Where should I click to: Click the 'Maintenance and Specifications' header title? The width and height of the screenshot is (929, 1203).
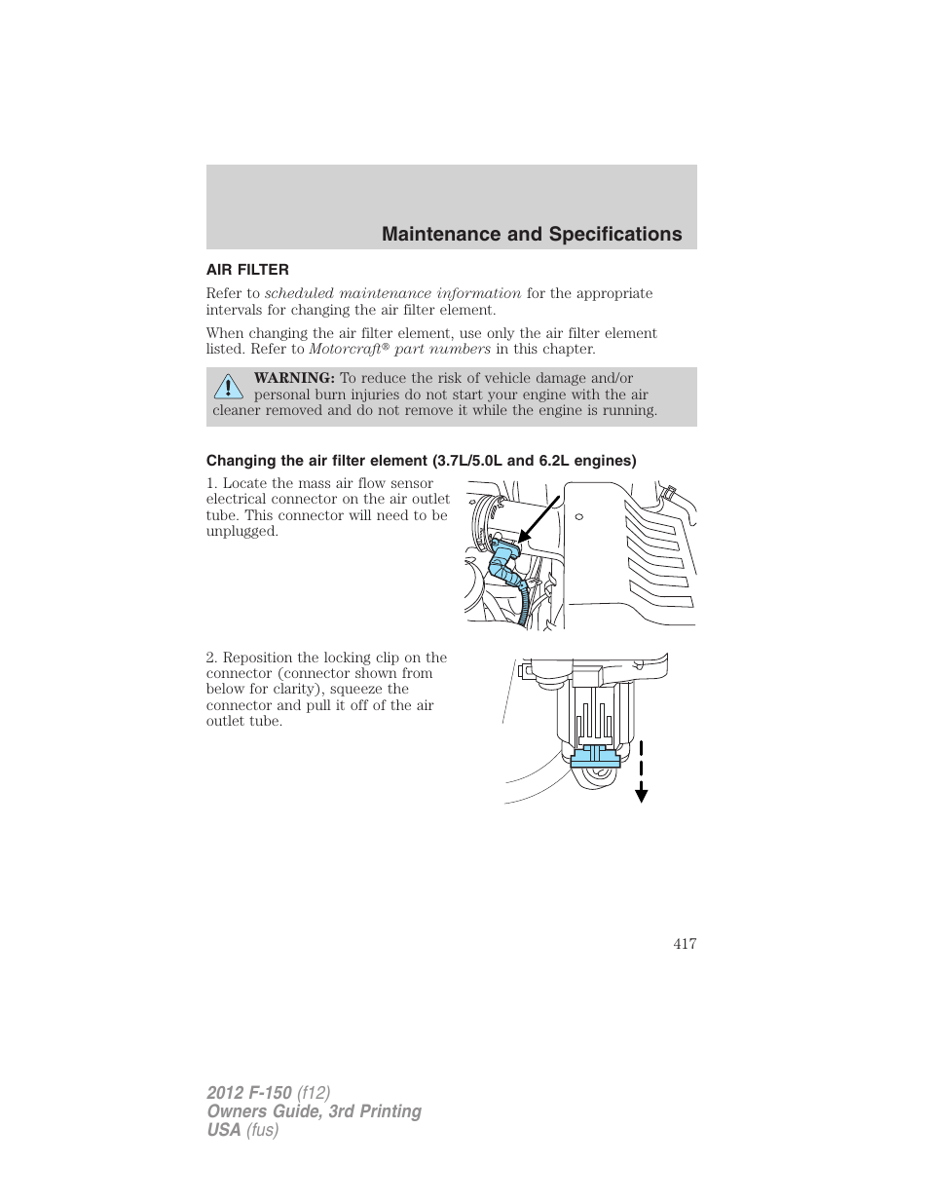pos(532,234)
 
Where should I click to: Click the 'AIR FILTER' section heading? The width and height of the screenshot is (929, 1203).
pos(247,270)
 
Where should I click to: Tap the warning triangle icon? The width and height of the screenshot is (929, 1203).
pos(228,387)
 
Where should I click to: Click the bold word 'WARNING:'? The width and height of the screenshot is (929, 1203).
pos(294,378)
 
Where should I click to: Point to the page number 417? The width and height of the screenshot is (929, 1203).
pos(685,943)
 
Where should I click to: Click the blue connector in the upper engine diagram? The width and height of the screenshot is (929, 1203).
pos(504,563)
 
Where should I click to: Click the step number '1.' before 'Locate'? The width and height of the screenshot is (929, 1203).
pos(211,483)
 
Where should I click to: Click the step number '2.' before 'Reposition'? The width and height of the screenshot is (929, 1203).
pos(211,658)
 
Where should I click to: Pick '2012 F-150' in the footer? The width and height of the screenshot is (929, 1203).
pos(248,1093)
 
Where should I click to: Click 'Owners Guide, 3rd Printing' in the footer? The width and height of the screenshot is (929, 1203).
pos(314,1111)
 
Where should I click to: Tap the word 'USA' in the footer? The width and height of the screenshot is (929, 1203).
pos(224,1130)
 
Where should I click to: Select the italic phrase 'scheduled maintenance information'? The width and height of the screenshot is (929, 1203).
pos(392,293)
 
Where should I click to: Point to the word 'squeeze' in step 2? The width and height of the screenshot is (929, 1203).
pos(356,689)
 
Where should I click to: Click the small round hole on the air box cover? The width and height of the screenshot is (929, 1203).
pos(578,516)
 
